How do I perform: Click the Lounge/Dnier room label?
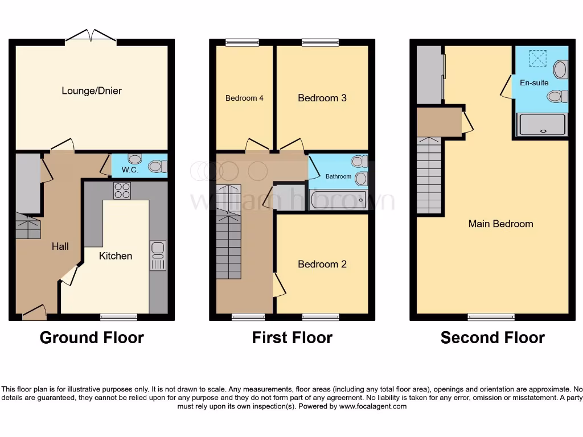click(92, 90)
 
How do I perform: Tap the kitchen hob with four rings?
click(122, 191)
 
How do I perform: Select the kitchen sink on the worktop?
click(158, 255)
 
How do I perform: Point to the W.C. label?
click(128, 168)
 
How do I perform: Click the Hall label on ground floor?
click(60, 246)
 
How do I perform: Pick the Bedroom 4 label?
click(244, 98)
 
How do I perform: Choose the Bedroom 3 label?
click(322, 98)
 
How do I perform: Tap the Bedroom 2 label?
click(322, 264)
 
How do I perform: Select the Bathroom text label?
click(338, 176)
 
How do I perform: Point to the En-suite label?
click(534, 83)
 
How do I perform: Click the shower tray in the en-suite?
click(542, 125)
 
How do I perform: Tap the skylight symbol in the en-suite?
click(537, 57)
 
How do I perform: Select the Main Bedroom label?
click(500, 224)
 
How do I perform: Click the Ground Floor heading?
click(92, 337)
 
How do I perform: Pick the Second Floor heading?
click(492, 337)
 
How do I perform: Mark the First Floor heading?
click(292, 337)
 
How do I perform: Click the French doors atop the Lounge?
click(92, 37)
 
